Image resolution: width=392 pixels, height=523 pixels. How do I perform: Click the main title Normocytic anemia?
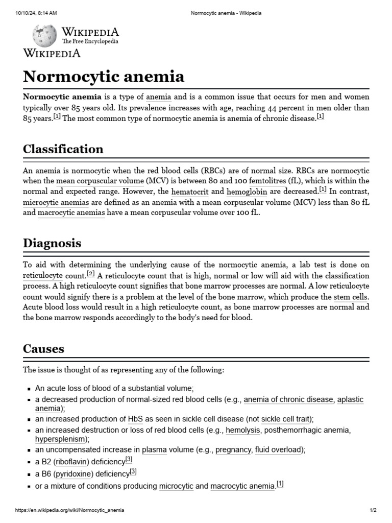(x=104, y=77)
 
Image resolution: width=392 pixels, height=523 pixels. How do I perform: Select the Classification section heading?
(x=63, y=149)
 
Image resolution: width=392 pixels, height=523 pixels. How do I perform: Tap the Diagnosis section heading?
(x=52, y=243)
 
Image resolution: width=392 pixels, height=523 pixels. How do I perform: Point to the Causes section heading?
(x=43, y=349)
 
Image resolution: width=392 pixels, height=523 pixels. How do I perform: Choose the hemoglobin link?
(x=247, y=192)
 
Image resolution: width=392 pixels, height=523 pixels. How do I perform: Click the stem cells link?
(x=351, y=297)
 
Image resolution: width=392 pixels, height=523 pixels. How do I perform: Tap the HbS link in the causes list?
(x=136, y=419)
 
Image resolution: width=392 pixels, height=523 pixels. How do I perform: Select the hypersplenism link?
(x=61, y=439)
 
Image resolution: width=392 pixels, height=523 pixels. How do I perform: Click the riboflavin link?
(x=72, y=462)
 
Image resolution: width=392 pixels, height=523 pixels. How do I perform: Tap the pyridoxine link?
(x=73, y=474)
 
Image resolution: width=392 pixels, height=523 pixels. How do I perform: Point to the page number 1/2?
(x=373, y=510)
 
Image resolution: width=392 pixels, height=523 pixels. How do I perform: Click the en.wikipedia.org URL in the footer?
(x=69, y=510)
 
